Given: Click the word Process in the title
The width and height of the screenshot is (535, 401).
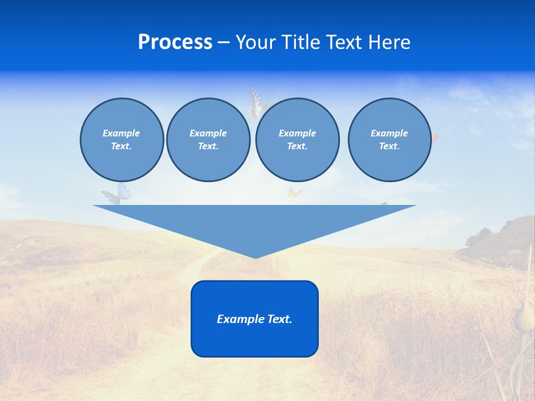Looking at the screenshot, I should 175,42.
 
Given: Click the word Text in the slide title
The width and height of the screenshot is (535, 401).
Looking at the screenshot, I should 344,42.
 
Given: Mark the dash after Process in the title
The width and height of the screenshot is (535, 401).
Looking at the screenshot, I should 223,43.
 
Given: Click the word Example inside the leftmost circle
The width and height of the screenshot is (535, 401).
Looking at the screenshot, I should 121,133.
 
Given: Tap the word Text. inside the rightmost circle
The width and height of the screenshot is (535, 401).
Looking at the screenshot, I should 389,146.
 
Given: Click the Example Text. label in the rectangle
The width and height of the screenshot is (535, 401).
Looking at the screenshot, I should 255,319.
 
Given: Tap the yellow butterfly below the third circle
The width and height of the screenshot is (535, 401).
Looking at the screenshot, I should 294,194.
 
